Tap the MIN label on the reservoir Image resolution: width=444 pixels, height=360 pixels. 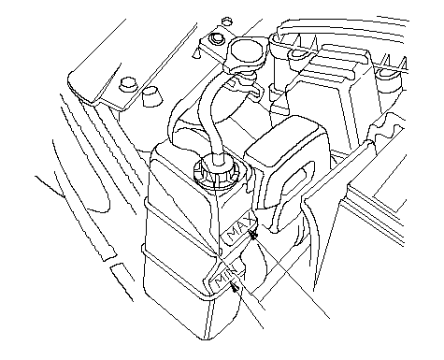coord(225,276)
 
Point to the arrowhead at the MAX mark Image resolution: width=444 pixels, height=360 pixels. coord(253,235)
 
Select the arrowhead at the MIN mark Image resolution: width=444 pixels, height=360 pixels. coord(235,286)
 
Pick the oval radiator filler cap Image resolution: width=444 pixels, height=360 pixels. coord(247,51)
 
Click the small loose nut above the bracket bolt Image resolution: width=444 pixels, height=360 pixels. coord(226,22)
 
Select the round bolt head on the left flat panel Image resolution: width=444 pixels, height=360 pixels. coord(128,83)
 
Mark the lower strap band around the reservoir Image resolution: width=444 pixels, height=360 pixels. coord(176,273)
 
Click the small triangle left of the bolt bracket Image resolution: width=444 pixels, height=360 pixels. coord(196,53)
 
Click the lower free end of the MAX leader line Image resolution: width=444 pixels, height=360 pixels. coord(329,319)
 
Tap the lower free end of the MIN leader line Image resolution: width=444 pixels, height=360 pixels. coord(264,328)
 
